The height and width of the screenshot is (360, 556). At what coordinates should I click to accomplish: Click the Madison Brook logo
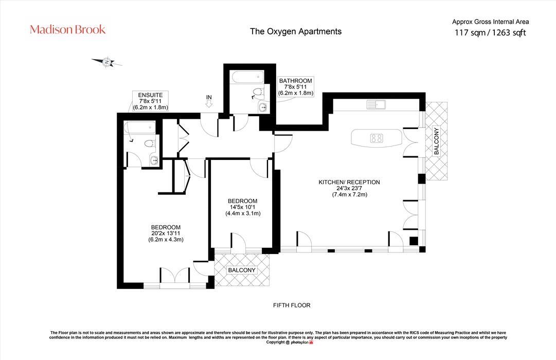click(x=67, y=29)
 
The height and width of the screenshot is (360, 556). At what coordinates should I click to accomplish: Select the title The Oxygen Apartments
click(x=295, y=31)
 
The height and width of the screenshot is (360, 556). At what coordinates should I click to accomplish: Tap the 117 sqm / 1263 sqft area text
click(x=490, y=33)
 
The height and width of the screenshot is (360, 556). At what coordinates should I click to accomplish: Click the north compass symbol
click(x=107, y=62)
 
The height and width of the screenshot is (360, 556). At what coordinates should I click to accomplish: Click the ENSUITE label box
click(x=150, y=101)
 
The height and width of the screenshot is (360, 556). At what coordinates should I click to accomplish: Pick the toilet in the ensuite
click(x=150, y=144)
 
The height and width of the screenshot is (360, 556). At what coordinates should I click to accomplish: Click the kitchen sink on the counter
click(x=377, y=105)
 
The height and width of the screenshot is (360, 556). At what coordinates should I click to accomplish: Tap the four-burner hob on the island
click(x=376, y=138)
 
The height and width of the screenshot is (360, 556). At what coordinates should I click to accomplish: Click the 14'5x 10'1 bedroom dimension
click(x=243, y=207)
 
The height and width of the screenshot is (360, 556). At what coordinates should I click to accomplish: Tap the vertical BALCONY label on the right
click(x=436, y=141)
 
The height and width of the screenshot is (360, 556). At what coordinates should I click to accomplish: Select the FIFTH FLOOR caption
click(x=292, y=305)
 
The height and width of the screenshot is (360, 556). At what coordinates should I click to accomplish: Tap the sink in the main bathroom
click(x=263, y=107)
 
